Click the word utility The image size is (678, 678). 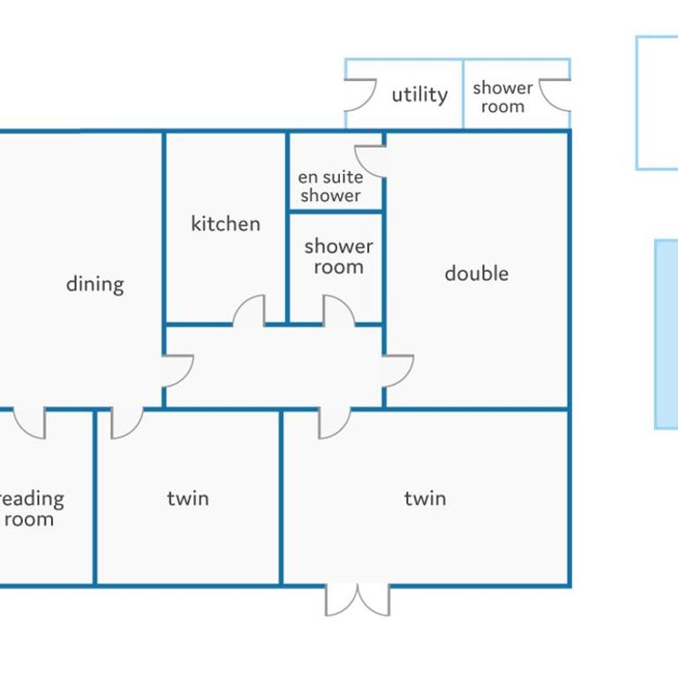pyautogui.click(x=419, y=94)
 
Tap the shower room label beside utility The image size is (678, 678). pyautogui.click(x=503, y=97)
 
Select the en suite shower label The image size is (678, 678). pyautogui.click(x=331, y=186)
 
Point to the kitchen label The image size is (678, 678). pyautogui.click(x=226, y=223)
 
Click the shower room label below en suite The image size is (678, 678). pyautogui.click(x=339, y=256)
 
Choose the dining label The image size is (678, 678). pyautogui.click(x=95, y=284)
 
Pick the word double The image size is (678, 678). pyautogui.click(x=477, y=274)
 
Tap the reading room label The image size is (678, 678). pyautogui.click(x=30, y=508)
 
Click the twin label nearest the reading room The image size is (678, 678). pyautogui.click(x=188, y=498)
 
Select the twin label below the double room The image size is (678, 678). pyautogui.click(x=425, y=498)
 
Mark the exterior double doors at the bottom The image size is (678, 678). pyautogui.click(x=358, y=599)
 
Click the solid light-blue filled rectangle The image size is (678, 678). pyautogui.click(x=667, y=335)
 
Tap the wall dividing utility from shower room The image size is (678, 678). pyautogui.click(x=463, y=94)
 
